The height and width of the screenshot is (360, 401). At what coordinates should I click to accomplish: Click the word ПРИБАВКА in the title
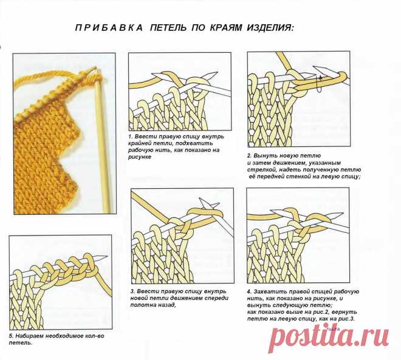[x=109, y=27]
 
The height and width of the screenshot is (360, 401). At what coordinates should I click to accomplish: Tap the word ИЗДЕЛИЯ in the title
[x=270, y=27]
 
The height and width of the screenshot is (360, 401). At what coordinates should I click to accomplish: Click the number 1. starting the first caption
[x=131, y=136]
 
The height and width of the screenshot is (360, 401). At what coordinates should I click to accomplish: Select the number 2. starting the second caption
[x=250, y=155]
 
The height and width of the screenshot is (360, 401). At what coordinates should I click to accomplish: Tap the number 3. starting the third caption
[x=132, y=291]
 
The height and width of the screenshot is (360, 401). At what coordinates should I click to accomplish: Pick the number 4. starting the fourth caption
[x=249, y=291]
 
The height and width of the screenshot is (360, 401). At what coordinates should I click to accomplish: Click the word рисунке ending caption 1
[x=140, y=157]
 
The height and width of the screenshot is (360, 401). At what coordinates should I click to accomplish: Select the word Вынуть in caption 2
[x=264, y=155]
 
